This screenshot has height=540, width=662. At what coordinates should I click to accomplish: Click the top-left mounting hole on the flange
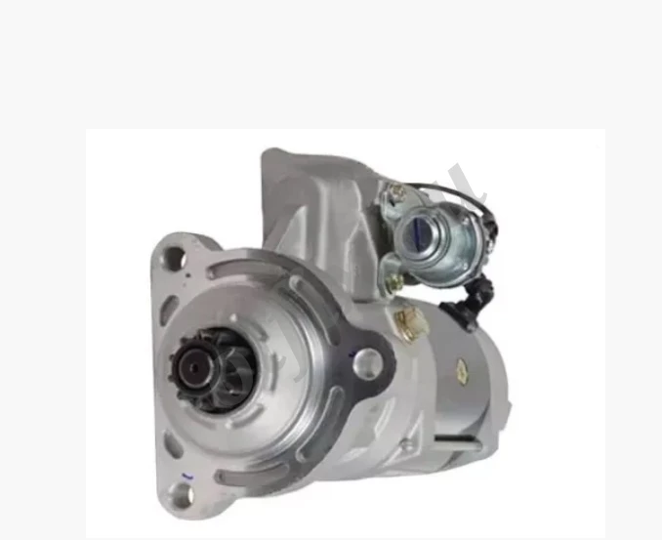click(174, 258)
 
